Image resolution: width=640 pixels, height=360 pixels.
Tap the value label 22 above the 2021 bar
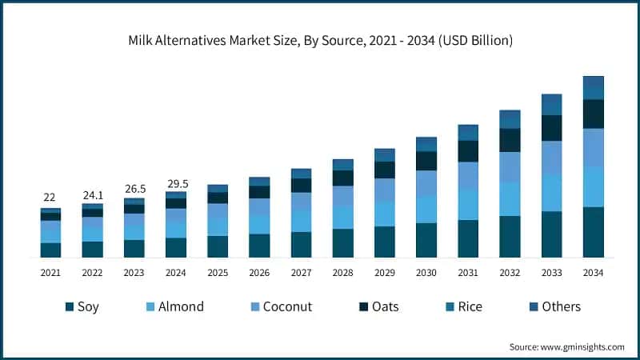[50, 198]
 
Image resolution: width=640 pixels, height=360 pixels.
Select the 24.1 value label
[92, 194]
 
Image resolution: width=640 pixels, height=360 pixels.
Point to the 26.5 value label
[134, 189]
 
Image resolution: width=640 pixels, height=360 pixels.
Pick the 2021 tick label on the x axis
[50, 273]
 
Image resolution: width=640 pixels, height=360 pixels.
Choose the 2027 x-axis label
[301, 273]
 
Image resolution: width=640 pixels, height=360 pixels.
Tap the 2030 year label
[426, 273]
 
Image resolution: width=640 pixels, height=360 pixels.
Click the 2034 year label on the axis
[593, 273]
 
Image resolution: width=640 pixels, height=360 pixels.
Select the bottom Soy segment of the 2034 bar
[593, 232]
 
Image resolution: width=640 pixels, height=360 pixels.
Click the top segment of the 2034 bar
[593, 87]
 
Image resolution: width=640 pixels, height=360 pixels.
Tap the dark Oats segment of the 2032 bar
[510, 140]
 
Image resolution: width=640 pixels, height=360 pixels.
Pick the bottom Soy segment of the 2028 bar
[342, 243]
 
